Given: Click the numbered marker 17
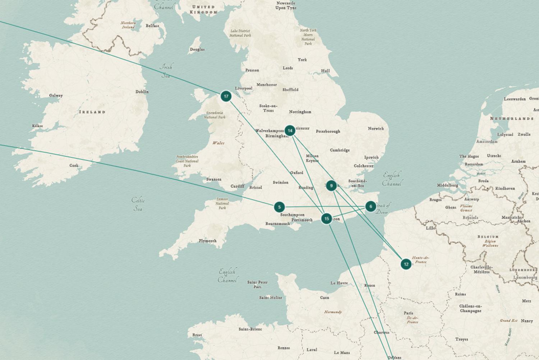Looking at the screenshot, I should tap(226, 96).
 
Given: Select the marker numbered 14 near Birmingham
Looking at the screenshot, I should tap(290, 131).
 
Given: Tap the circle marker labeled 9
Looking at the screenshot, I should tap(331, 186).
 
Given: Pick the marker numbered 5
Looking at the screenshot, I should tap(279, 207).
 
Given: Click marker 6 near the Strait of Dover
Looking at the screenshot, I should tap(371, 207).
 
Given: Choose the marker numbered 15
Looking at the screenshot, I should tap(326, 218).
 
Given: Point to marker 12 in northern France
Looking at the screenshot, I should tap(406, 264).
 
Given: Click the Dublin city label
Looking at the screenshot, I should tap(142, 92).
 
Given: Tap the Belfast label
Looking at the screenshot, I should tap(152, 26).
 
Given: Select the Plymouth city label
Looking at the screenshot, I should tap(208, 241).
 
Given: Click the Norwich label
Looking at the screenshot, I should tap(376, 128).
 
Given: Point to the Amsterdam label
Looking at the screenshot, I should tap(487, 142).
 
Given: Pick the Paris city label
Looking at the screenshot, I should tap(408, 313).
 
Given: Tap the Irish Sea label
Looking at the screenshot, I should tap(166, 71).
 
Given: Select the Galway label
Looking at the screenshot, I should tap(56, 96).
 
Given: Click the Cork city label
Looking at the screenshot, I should tap(74, 166).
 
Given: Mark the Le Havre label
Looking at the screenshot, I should tap(339, 283).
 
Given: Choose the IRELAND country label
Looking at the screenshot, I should tap(92, 112).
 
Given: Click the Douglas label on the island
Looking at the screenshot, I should tap(197, 49).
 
